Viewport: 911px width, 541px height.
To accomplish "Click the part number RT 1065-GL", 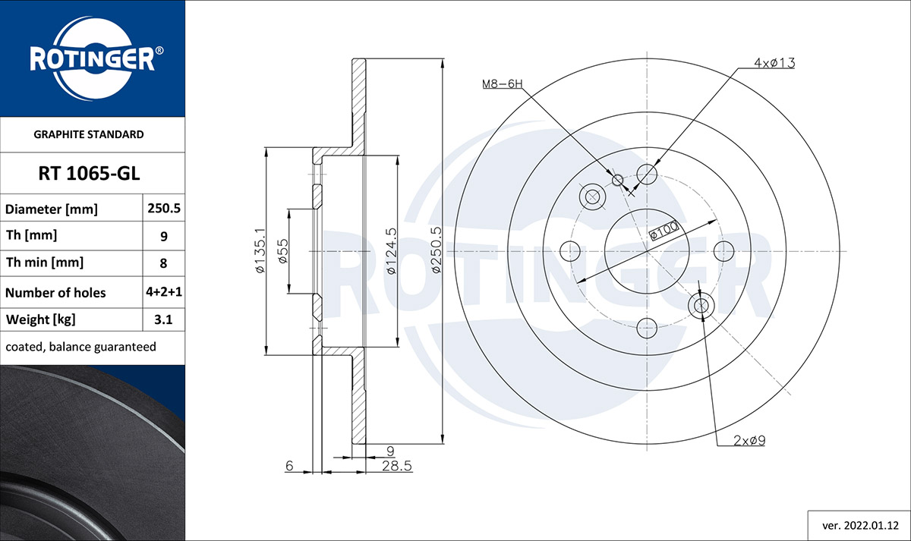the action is point(89,174).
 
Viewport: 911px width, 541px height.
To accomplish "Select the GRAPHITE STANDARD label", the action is point(89,134).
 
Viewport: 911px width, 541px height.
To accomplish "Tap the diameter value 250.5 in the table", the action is point(164,208).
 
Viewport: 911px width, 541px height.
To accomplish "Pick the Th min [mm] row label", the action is point(44,263).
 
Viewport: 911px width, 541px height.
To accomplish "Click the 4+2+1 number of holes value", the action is point(164,292).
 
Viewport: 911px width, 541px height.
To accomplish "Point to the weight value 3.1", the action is point(163,319).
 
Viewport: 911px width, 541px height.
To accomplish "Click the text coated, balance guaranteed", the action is point(80,347).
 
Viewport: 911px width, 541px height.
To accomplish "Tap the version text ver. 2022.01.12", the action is point(861,526).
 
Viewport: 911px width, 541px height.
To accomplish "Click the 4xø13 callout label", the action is point(774,63).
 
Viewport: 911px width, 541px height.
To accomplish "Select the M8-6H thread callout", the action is point(502,83).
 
